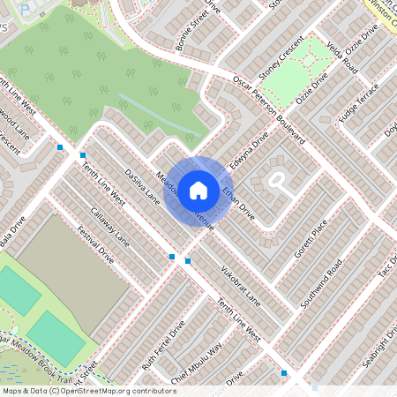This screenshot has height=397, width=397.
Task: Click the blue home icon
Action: (x=198, y=190)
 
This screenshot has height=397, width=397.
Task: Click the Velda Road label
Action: (x=341, y=55)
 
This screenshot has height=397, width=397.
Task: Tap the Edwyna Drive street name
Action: (x=248, y=150)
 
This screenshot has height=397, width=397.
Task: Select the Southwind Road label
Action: (x=323, y=281)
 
